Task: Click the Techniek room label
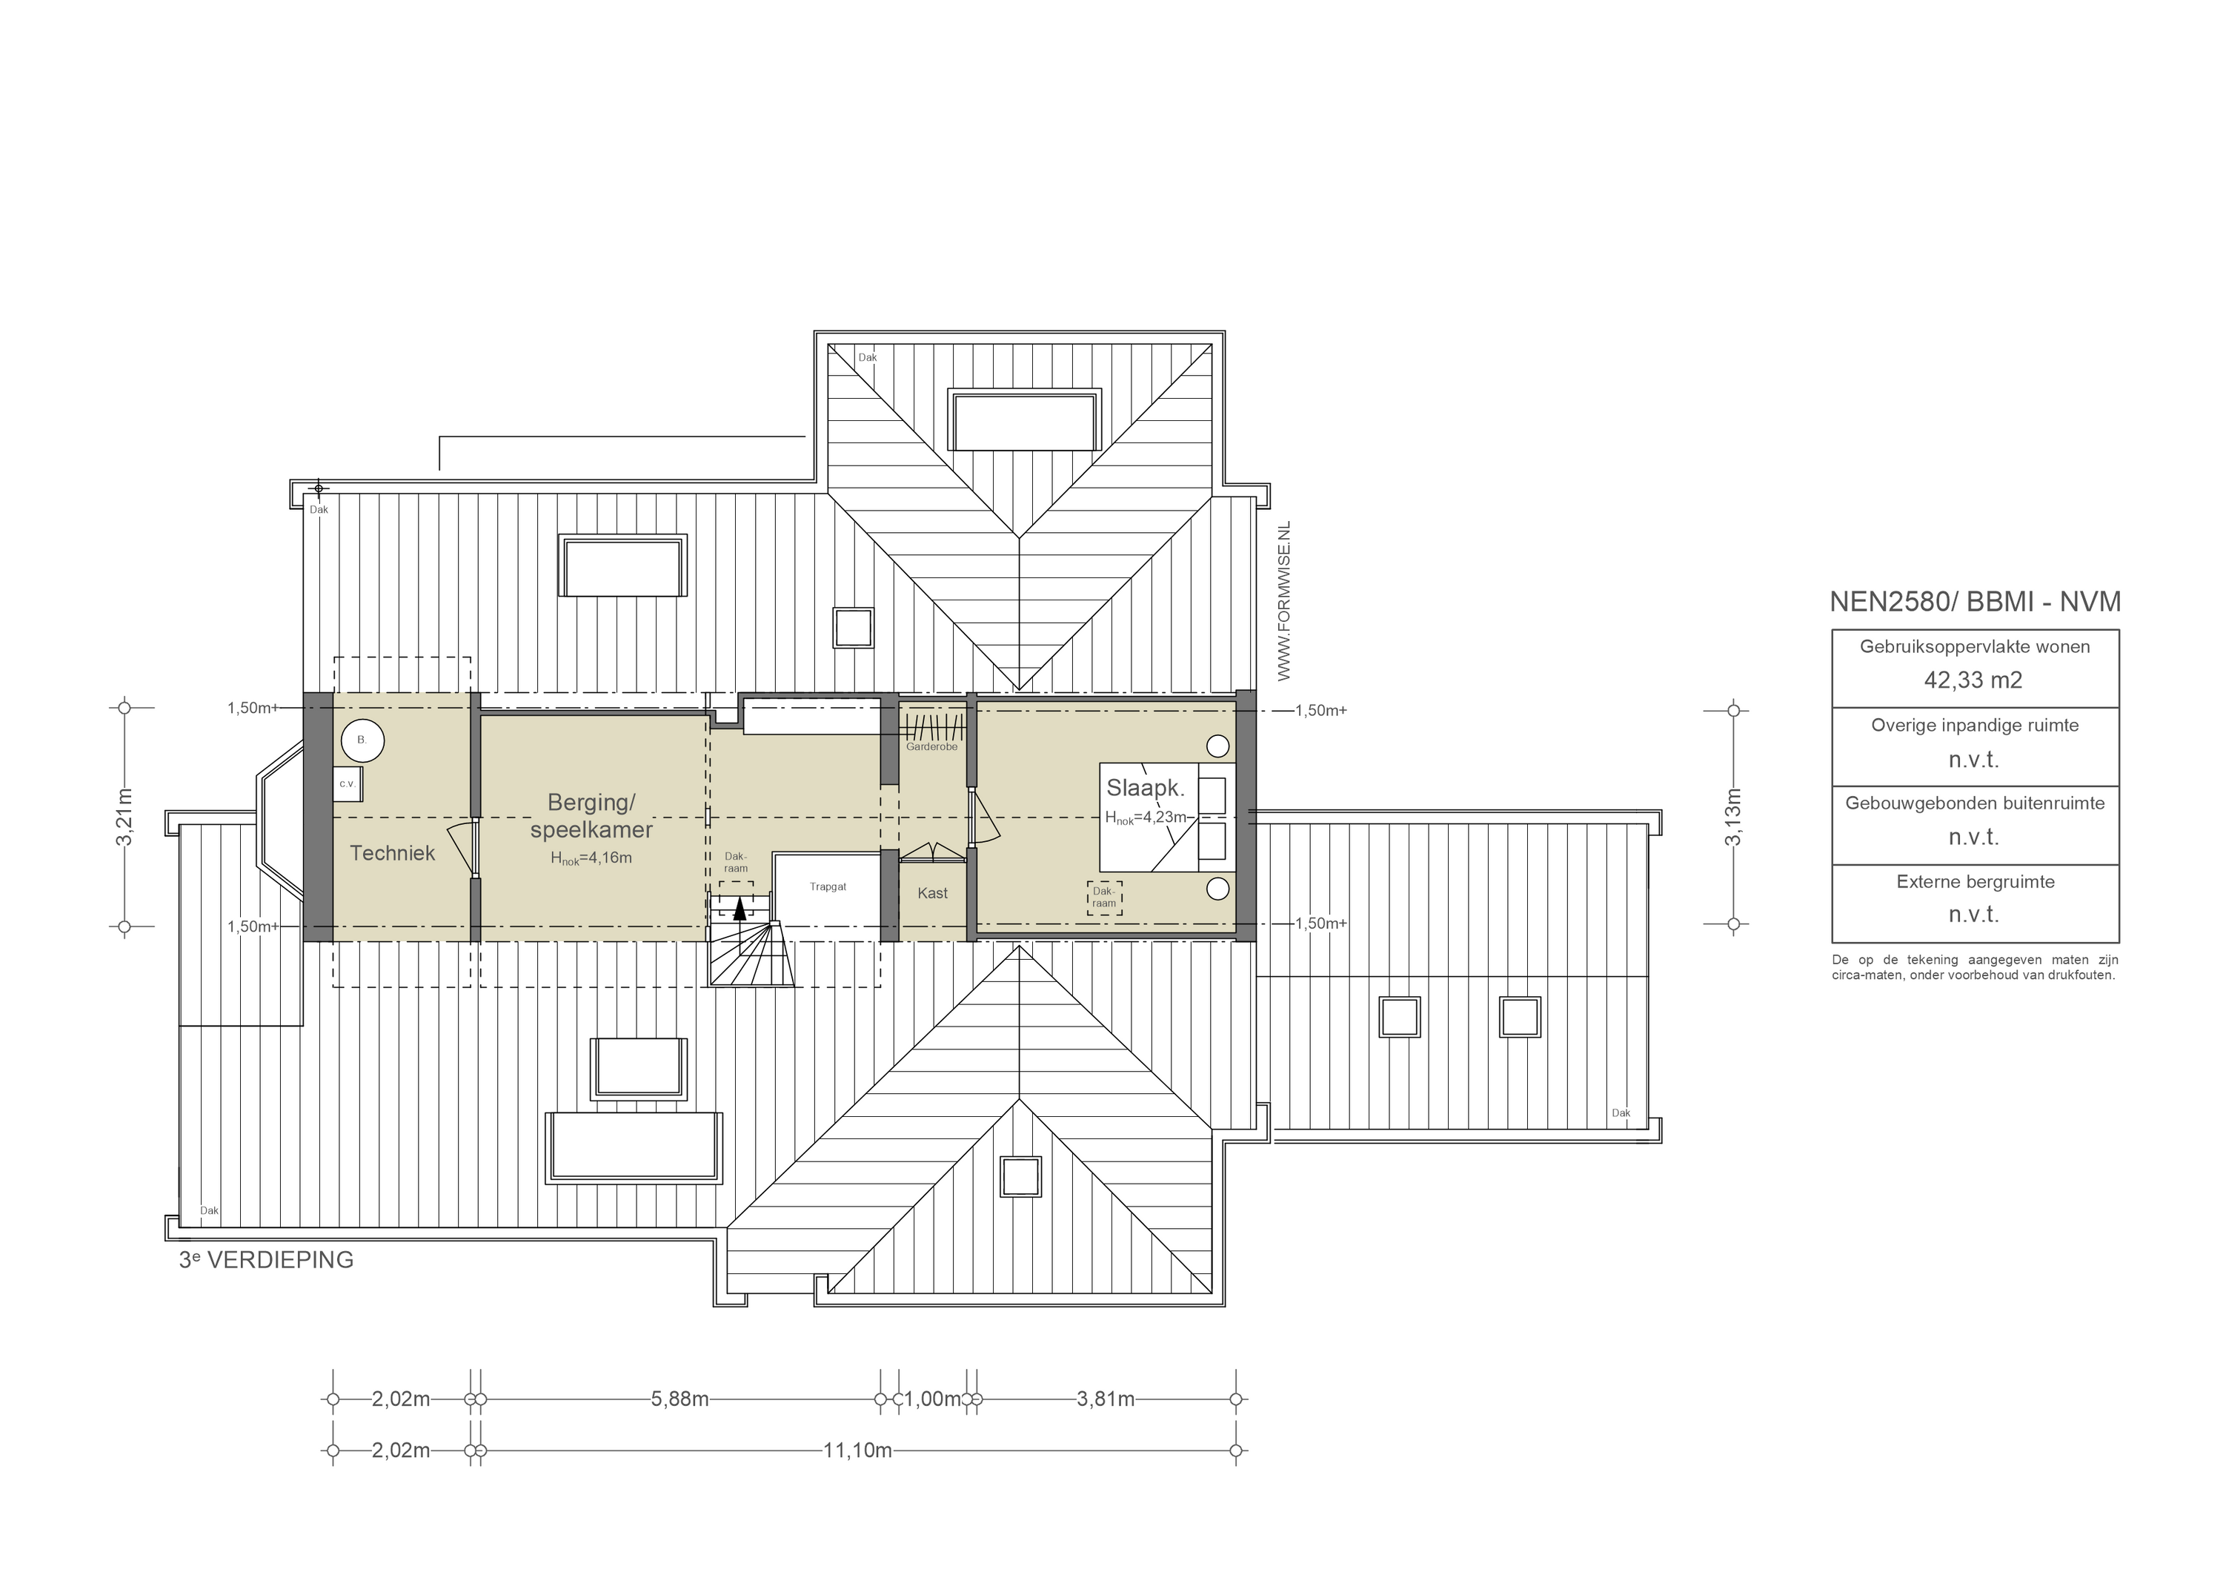(x=392, y=853)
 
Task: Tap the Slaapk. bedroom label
(x=1146, y=789)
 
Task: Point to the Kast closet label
(x=932, y=893)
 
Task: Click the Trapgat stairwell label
(x=828, y=887)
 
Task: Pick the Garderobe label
(x=931, y=747)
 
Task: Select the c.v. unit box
(x=348, y=783)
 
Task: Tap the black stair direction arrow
(x=741, y=908)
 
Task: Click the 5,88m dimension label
(x=679, y=1399)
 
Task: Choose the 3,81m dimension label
(x=1105, y=1399)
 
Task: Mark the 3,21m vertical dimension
(x=124, y=817)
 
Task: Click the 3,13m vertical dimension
(x=1733, y=817)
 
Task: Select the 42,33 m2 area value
(x=1973, y=680)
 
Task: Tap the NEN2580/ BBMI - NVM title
(x=1974, y=602)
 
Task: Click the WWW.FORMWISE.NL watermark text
(x=1285, y=600)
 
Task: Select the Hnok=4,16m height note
(x=591, y=858)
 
